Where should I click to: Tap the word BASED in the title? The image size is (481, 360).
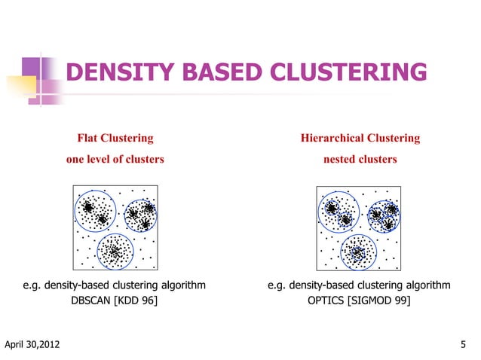(210, 73)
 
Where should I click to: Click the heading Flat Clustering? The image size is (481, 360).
(115, 139)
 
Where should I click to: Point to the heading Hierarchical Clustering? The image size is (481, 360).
(360, 139)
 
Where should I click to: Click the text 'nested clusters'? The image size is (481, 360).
(360, 160)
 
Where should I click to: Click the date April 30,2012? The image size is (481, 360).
(33, 346)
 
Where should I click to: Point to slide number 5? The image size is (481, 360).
(463, 346)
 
